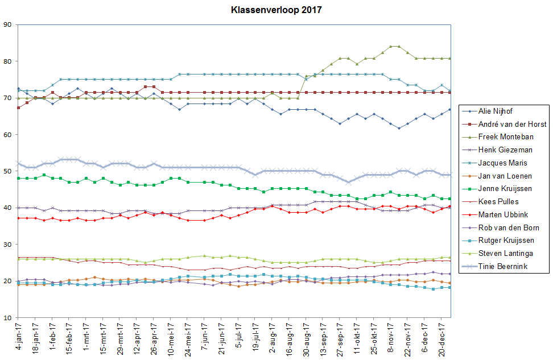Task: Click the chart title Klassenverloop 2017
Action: (276, 10)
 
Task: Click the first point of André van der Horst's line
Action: (19, 107)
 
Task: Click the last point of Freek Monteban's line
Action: (450, 58)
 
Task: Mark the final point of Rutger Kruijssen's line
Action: (450, 287)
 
